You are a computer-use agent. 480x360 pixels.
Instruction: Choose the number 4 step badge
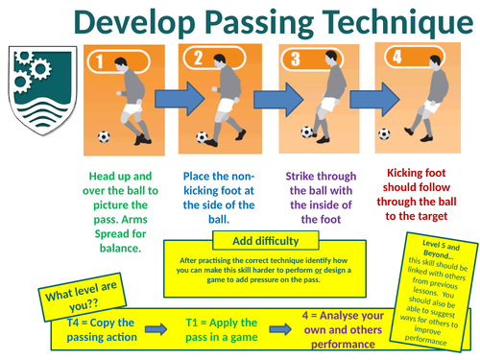point(396,58)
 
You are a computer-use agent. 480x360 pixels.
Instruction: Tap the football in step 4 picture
point(385,133)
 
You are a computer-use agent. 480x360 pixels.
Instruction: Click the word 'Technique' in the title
point(382,24)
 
